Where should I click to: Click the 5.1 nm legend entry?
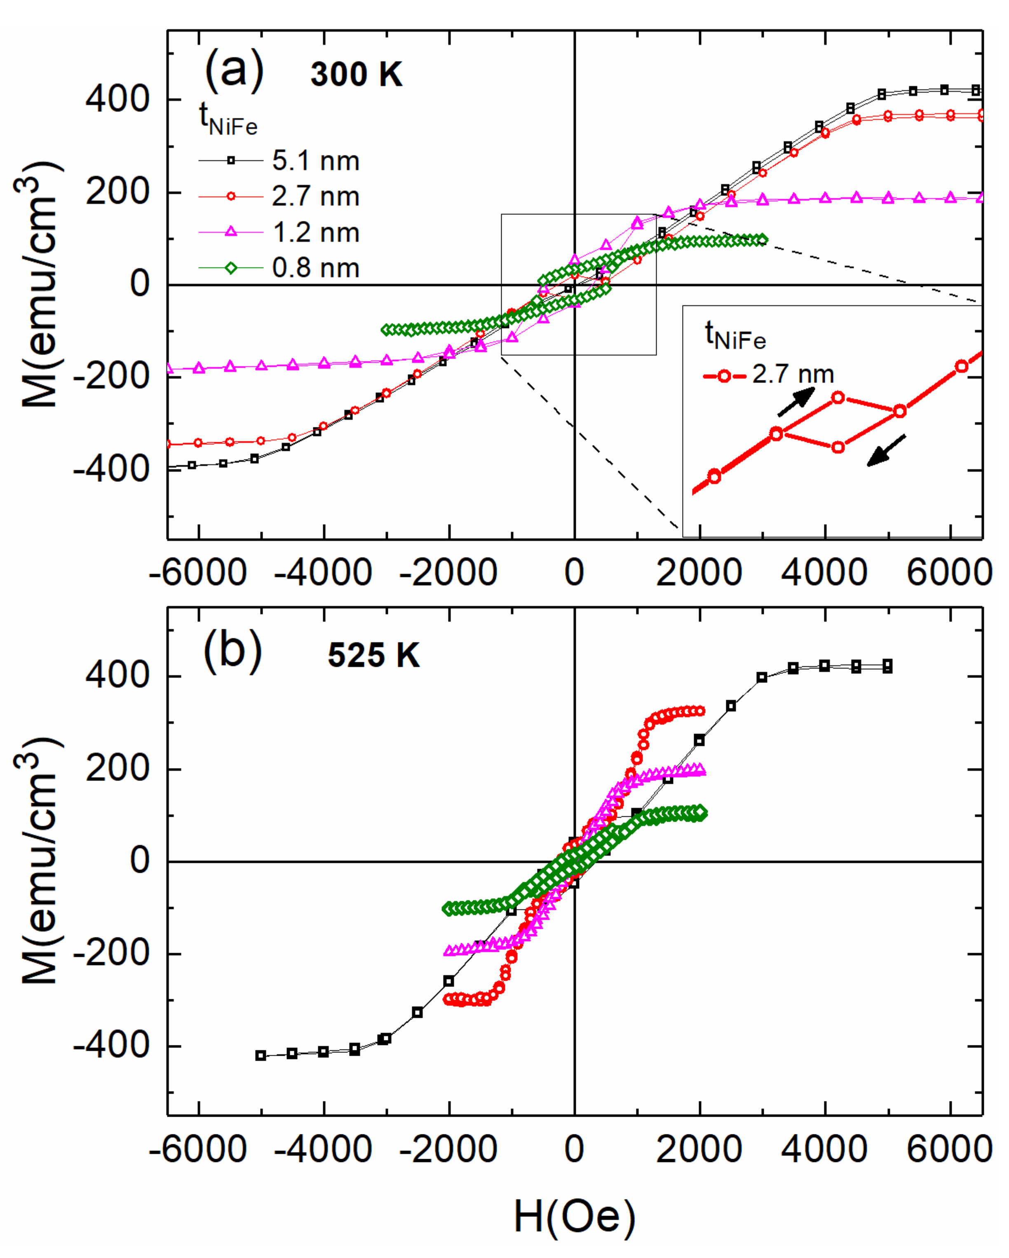pos(315,161)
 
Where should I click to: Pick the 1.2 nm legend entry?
pos(315,233)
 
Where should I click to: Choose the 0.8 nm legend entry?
pos(315,268)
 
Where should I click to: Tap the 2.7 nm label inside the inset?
pos(793,375)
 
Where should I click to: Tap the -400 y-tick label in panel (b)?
pos(111,1046)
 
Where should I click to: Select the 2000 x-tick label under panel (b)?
pos(699,1150)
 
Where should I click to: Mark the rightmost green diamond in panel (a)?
pos(762,240)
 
